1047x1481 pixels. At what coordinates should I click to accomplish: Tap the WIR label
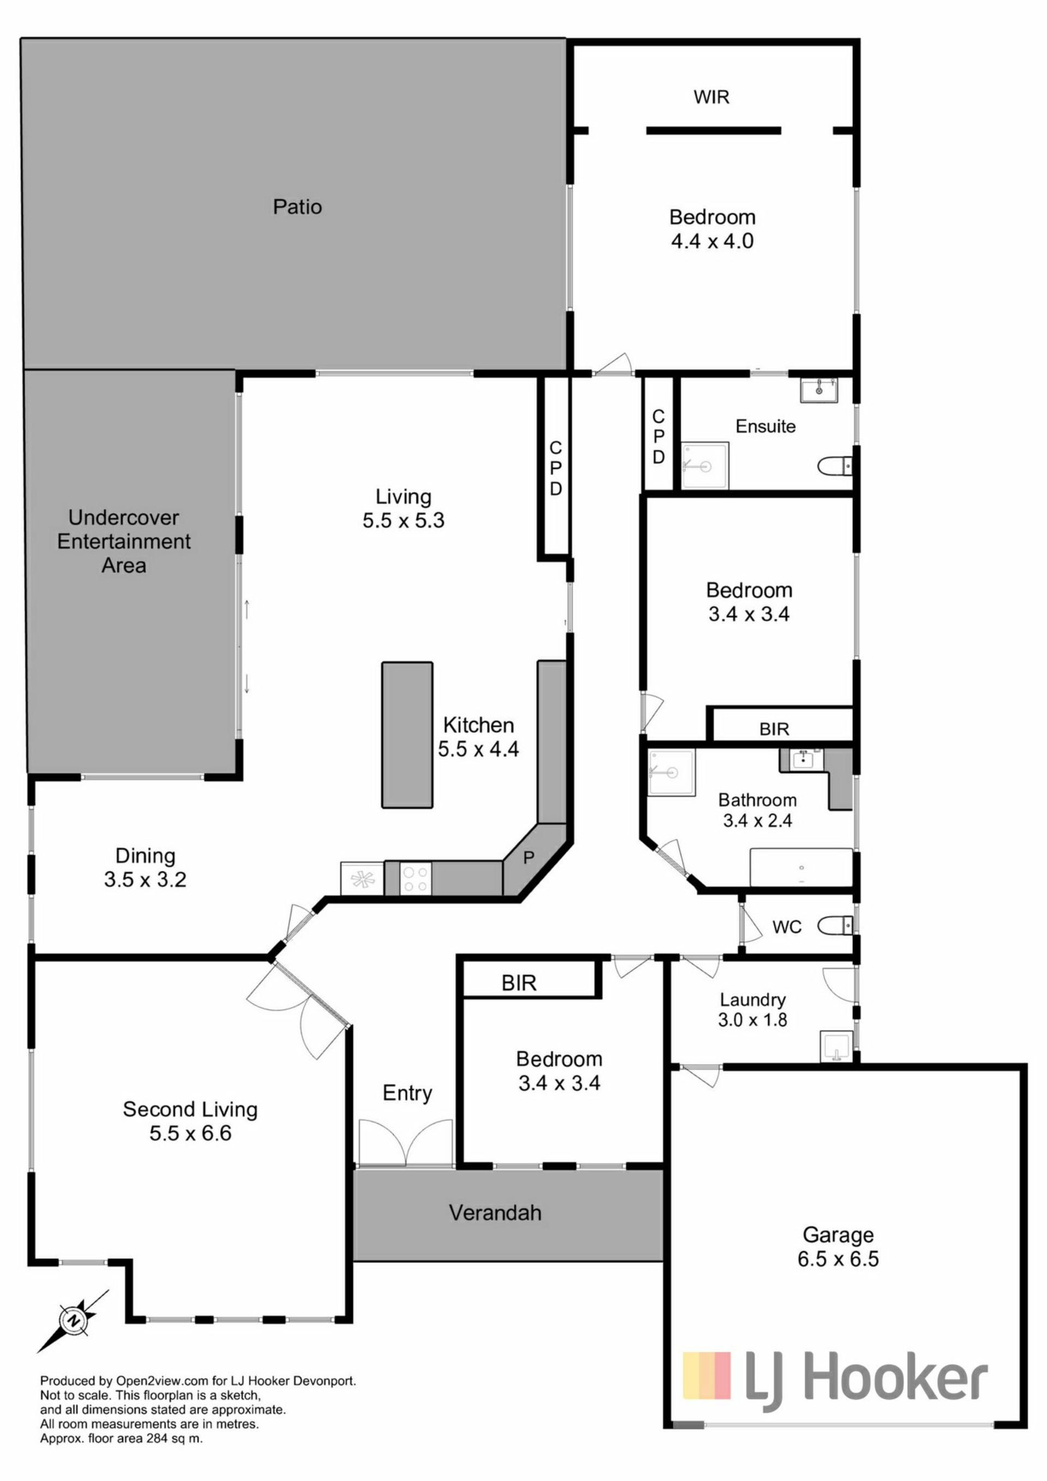click(711, 97)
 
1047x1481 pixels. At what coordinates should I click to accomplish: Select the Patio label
click(297, 207)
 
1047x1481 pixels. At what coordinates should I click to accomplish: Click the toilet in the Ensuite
click(835, 465)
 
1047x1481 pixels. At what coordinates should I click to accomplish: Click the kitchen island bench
click(407, 734)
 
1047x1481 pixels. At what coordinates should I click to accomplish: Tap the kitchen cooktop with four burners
click(416, 879)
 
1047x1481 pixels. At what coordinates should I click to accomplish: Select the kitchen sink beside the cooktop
click(362, 879)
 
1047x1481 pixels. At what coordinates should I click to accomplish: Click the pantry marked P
click(528, 858)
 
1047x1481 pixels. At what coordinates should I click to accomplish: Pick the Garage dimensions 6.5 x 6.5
click(838, 1258)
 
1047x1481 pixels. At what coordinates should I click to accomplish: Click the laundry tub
click(836, 1046)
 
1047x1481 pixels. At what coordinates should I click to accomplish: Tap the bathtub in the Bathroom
click(802, 868)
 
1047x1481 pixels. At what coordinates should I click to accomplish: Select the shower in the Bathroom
click(671, 772)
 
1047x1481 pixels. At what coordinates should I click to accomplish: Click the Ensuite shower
click(705, 465)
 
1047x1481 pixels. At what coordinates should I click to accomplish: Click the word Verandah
click(495, 1213)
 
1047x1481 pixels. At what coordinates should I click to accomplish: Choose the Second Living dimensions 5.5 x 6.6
click(190, 1133)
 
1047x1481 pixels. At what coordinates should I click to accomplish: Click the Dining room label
click(145, 856)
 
